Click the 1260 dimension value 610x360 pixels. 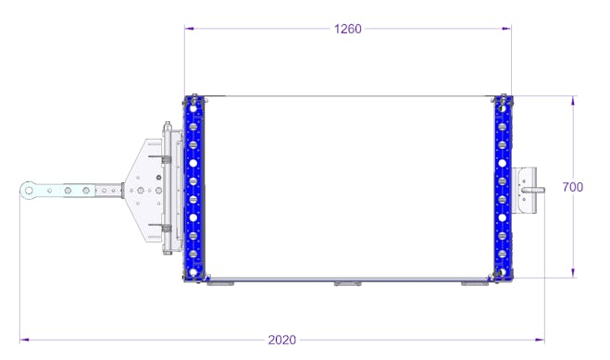pyautogui.click(x=347, y=29)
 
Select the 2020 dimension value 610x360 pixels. pyautogui.click(x=281, y=341)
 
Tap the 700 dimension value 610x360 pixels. pyautogui.click(x=573, y=187)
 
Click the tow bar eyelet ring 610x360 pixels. pyautogui.click(x=29, y=191)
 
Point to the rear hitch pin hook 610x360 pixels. pyautogui.click(x=533, y=190)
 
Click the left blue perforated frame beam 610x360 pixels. pyautogui.click(x=193, y=188)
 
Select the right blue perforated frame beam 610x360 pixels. pyautogui.click(x=503, y=188)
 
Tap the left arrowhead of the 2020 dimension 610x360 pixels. pyautogui.click(x=24, y=341)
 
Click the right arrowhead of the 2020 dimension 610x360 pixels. pyautogui.click(x=540, y=341)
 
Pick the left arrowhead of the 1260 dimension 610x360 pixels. pyautogui.click(x=190, y=29)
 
